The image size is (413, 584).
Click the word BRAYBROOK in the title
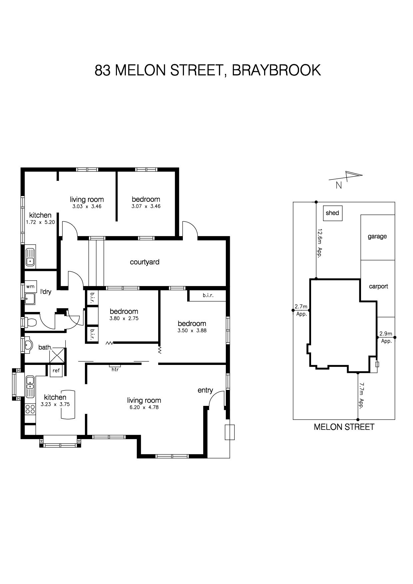pos(276,70)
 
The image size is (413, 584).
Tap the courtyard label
pos(145,262)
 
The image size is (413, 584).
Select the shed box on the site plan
pos(333,213)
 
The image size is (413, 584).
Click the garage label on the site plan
pos(377,236)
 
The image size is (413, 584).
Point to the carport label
pos(378,286)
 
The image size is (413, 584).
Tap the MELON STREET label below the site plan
pos(344,427)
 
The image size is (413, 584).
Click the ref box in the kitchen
pos(56,371)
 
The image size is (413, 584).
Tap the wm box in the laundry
pos(30,286)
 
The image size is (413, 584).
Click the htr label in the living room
pos(115,369)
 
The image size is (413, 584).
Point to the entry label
pos(205,390)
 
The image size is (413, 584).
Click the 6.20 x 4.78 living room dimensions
pos(144,407)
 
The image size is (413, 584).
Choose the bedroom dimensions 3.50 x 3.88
pos(192,331)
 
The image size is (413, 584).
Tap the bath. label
pos(45,347)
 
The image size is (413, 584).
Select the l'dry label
pos(46,292)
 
